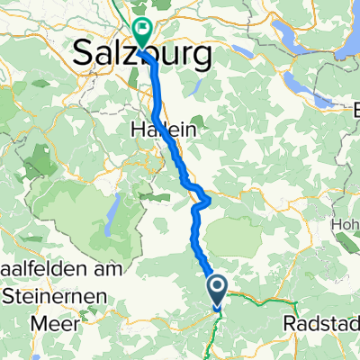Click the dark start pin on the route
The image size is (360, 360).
(218, 289)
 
